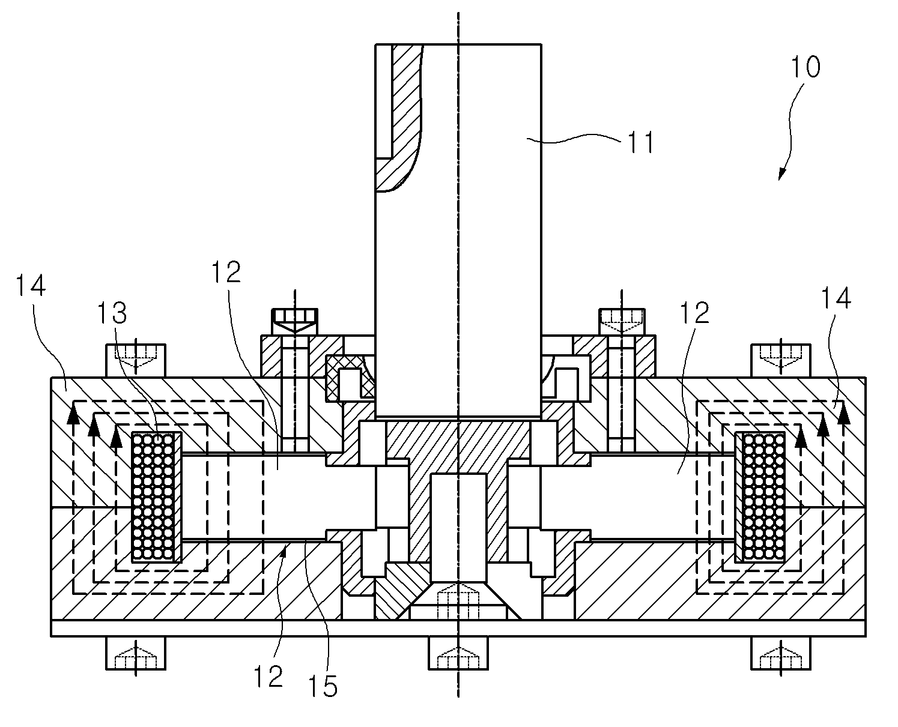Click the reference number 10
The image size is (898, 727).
[x=805, y=67]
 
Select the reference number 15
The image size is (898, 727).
[x=323, y=687]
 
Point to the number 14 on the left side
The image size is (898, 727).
[x=31, y=285]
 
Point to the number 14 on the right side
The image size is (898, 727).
[x=836, y=298]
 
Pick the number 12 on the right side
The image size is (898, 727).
[x=694, y=313]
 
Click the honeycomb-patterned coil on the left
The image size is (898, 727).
[x=153, y=497]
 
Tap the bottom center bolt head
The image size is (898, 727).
[x=458, y=653]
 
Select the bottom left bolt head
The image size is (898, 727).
[x=135, y=653]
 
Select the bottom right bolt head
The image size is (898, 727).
[x=781, y=653]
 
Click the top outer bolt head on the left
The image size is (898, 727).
[x=135, y=361]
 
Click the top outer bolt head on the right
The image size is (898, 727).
[x=781, y=361]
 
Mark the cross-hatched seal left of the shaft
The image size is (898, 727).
[x=350, y=378]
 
